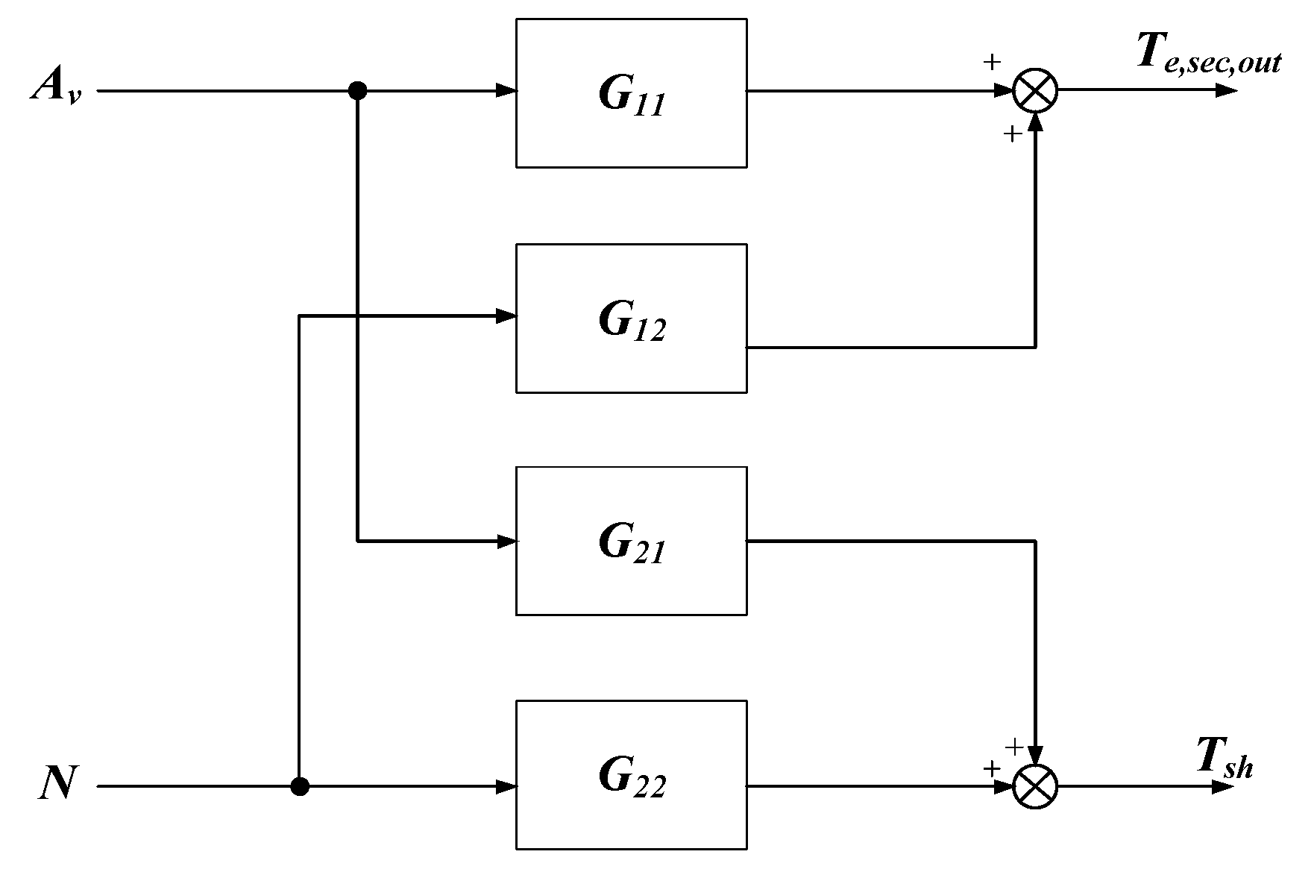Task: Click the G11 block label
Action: click(x=631, y=96)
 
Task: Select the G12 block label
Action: click(x=631, y=322)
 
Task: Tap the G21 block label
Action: click(x=631, y=544)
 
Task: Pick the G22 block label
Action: click(x=631, y=778)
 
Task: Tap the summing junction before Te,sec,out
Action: click(x=1036, y=91)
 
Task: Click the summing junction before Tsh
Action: click(x=1036, y=787)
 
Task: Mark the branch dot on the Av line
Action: click(x=358, y=91)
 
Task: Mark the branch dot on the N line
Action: click(x=299, y=786)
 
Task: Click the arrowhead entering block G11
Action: click(x=507, y=91)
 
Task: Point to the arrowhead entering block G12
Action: click(x=507, y=316)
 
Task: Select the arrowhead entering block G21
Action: click(x=507, y=542)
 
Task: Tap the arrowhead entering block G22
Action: click(x=507, y=786)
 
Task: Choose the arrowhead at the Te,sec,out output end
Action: click(x=1226, y=91)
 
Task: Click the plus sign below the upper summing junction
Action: click(x=1011, y=134)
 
